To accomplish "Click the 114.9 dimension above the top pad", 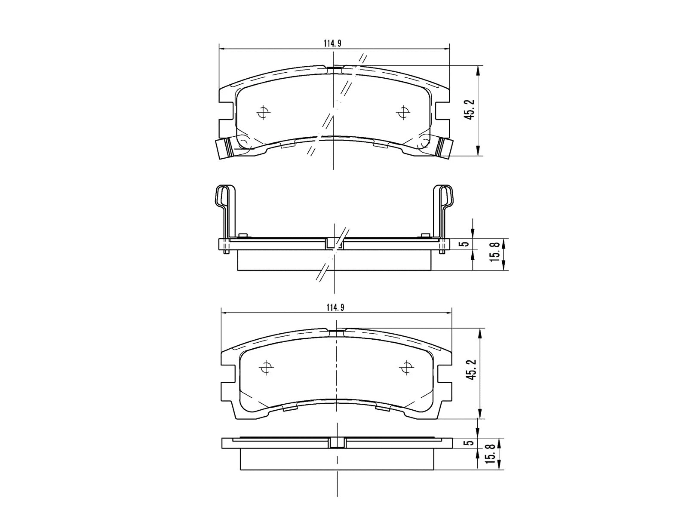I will coord(332,43).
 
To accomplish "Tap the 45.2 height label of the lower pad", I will coord(472,369).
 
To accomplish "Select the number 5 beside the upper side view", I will coord(464,244).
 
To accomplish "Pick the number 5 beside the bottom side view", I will coord(470,442).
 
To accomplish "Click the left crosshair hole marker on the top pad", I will coord(263,113).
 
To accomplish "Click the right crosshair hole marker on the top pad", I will coord(402,112).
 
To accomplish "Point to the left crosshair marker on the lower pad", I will coord(267,368).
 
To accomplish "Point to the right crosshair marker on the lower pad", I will coord(406,368).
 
